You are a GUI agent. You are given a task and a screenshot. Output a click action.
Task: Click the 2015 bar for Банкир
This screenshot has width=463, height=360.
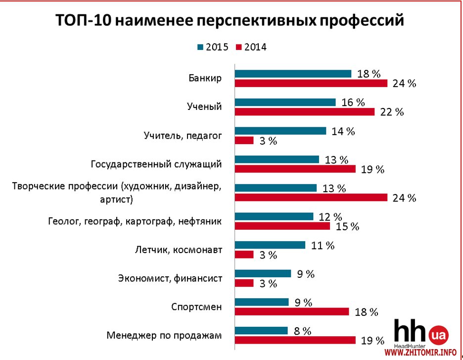[293, 74]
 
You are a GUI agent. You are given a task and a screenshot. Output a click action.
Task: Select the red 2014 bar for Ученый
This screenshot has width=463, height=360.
[304, 112]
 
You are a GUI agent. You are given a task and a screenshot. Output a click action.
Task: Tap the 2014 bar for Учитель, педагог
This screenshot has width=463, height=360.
[244, 141]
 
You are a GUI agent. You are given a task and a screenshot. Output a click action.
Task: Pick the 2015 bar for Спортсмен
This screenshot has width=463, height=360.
[262, 302]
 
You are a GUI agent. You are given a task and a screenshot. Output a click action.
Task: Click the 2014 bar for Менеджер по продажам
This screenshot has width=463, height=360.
[295, 340]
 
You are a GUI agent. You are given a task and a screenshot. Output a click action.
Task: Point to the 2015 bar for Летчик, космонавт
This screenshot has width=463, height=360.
[270, 245]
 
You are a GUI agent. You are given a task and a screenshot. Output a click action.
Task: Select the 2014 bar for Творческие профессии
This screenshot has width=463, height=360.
[311, 198]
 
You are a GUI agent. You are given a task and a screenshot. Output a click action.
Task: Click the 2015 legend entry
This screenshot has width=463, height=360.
[213, 48]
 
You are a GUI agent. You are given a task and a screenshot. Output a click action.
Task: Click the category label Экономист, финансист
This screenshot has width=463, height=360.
[170, 278]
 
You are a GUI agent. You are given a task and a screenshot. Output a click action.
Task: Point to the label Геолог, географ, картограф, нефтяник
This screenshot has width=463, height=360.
[135, 221]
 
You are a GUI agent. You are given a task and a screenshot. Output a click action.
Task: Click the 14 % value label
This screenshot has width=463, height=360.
[343, 131]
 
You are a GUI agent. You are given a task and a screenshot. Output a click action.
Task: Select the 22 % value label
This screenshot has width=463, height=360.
[393, 112]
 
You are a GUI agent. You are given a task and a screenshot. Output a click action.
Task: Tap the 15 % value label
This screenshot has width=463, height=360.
[347, 226]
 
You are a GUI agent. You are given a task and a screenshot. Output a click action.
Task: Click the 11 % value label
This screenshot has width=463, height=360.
[323, 245]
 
